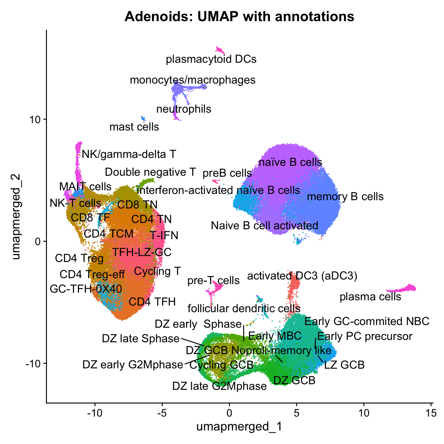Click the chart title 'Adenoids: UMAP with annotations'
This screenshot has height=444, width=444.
tap(239, 16)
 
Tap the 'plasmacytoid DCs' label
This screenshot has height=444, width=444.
tap(211, 59)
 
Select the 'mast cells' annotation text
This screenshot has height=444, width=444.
tap(134, 127)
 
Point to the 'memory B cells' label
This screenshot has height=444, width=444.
tap(345, 197)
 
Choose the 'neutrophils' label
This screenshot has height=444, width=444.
tap(184, 109)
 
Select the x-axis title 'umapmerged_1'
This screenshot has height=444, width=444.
tap(239, 427)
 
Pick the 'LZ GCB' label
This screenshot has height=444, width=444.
tap(344, 365)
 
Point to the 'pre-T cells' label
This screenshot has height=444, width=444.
tap(213, 281)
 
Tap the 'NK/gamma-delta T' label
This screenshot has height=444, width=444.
tap(129, 154)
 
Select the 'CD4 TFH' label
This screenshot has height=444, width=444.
tap(152, 302)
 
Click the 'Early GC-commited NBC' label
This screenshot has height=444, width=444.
tap(367, 321)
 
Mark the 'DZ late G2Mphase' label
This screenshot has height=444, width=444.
tap(219, 386)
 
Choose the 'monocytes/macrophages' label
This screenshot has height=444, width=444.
tap(193, 80)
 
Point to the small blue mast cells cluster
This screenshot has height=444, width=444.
tap(143, 118)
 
